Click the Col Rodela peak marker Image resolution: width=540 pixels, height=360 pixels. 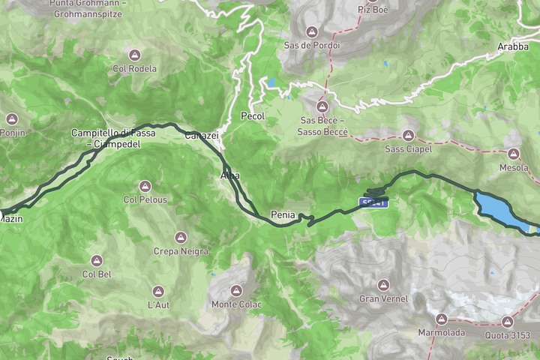pos(135,55)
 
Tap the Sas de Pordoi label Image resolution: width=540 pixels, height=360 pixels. pos(312,45)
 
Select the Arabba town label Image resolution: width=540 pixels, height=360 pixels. pos(513,46)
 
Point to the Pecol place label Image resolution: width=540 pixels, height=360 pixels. pos(253,116)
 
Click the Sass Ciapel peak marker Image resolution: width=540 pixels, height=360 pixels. pos(408,136)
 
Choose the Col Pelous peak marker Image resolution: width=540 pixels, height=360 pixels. pos(145,186)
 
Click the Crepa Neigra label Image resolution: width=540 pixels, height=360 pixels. pos(180,251)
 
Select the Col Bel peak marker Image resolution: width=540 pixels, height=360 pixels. pos(97,260)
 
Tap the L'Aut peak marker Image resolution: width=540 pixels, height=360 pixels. pos(158,291)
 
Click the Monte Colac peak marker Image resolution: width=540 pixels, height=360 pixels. pos(236,290)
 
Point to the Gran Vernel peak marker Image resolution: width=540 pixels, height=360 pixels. pos(383,285)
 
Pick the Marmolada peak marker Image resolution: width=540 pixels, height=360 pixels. pos(441,319)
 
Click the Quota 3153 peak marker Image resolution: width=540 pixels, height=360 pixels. pos(507,321)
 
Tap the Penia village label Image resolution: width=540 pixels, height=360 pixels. pos(283,214)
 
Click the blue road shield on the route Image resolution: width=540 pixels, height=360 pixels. pos(374,202)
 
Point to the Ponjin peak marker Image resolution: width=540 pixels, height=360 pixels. pos(12,119)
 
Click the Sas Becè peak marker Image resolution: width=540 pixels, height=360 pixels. pos(322,106)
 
